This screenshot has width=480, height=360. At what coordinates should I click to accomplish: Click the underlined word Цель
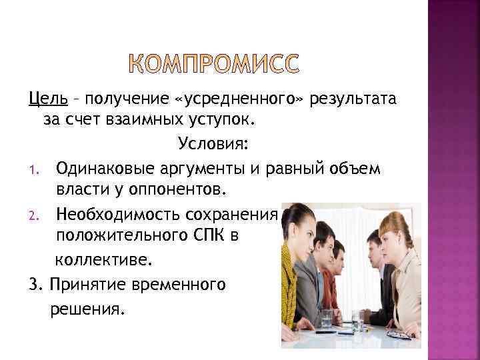coord(47,99)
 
